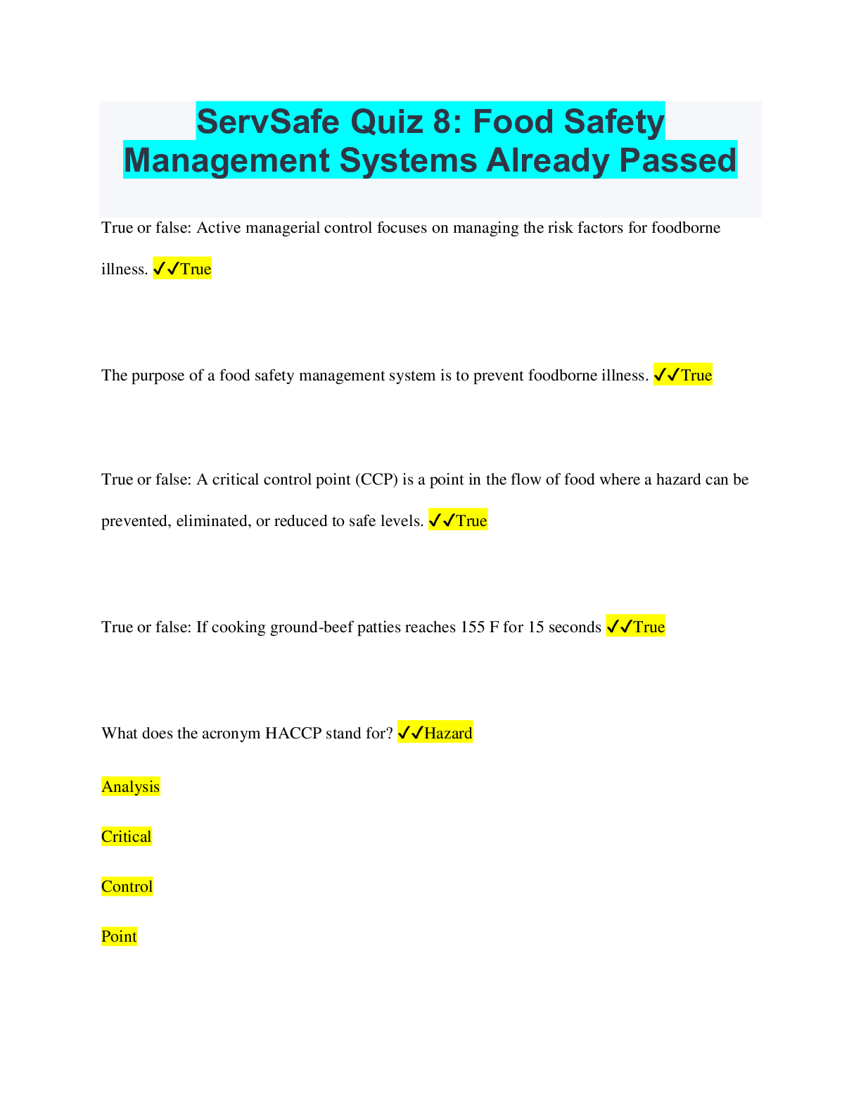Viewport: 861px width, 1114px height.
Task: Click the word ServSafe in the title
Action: [268, 122]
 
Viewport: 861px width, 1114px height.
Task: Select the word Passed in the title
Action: [677, 160]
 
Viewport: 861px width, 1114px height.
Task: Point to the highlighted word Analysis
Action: [131, 787]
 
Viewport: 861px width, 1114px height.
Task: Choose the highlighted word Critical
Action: [126, 837]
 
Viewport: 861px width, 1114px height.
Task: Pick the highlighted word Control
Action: [127, 886]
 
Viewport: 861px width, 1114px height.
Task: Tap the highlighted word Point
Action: [119, 936]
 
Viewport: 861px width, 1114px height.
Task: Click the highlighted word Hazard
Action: [448, 733]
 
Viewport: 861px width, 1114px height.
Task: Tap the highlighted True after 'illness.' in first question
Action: [196, 269]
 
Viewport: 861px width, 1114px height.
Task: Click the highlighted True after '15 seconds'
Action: [649, 627]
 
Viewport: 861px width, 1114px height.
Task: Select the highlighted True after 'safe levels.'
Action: [471, 520]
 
